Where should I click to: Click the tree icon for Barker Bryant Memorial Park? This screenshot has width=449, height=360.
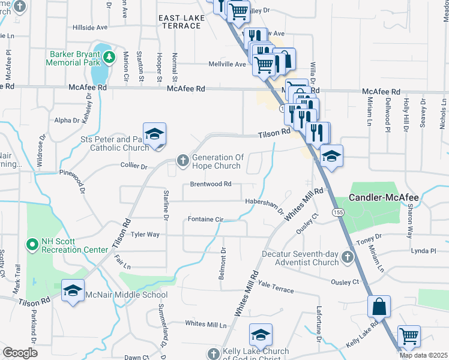click(x=109, y=58)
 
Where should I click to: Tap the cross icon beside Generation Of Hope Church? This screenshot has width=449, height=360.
click(x=182, y=160)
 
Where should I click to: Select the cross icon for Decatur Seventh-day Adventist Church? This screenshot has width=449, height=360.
click(x=347, y=257)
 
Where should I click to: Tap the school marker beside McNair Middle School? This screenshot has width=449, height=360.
click(x=73, y=292)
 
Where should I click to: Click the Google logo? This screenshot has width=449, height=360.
click(x=20, y=353)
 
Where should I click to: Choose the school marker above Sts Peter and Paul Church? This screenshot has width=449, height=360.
click(x=154, y=134)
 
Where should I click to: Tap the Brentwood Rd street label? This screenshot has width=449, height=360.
click(x=211, y=184)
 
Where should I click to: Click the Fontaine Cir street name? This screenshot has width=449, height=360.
click(x=205, y=220)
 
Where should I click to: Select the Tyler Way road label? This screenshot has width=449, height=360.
click(x=145, y=235)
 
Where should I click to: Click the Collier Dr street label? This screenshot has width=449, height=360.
click(x=134, y=166)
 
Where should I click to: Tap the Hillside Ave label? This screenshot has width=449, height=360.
click(x=89, y=27)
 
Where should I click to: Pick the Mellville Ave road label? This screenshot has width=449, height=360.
click(x=228, y=64)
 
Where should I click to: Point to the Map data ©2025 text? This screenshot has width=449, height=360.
click(x=423, y=355)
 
